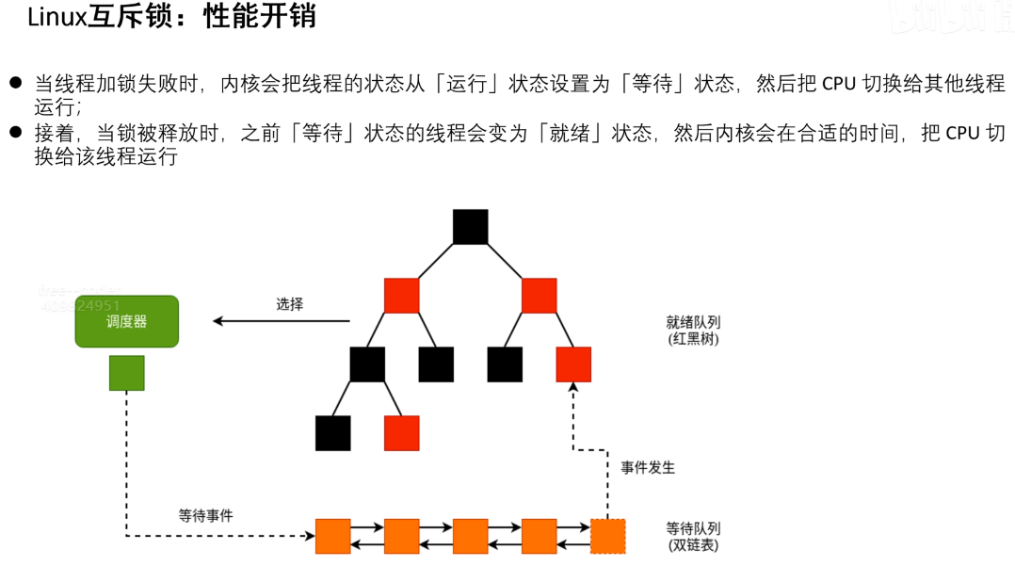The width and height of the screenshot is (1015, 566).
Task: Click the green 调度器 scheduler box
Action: [126, 321]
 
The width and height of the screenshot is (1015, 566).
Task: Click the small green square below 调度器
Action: [126, 373]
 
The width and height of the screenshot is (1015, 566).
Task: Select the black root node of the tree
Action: [470, 227]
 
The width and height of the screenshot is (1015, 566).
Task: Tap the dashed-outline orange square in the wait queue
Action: [607, 536]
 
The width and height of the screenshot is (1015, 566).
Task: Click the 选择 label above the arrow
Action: [289, 304]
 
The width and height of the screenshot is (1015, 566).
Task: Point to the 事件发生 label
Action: [648, 467]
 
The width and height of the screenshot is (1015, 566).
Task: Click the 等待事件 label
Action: [205, 515]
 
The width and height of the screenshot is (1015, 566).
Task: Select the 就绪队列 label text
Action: [693, 322]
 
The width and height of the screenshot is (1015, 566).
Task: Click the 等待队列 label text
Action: [693, 528]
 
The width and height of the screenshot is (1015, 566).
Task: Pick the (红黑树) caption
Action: [693, 339]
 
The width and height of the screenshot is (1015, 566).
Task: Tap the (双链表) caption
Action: [693, 544]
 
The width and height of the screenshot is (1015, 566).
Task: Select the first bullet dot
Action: [15, 83]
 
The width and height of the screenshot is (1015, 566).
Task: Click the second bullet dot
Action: [15, 133]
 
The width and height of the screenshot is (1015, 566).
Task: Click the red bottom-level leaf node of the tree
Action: [401, 433]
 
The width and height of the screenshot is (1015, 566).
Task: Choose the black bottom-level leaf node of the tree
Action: [332, 433]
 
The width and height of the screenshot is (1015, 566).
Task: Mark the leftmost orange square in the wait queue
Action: [332, 536]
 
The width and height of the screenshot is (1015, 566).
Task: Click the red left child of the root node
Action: [401, 296]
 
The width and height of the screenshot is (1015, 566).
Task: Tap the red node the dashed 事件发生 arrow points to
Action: [573, 364]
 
